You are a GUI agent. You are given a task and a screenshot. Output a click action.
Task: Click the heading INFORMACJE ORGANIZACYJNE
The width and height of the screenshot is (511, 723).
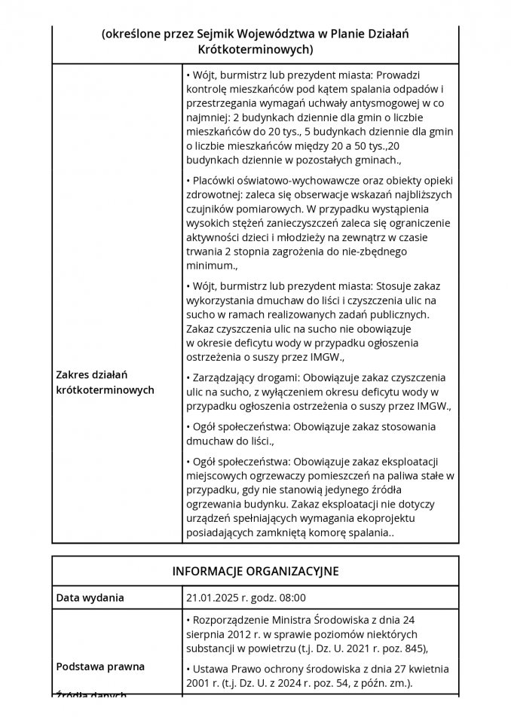click(x=255, y=571)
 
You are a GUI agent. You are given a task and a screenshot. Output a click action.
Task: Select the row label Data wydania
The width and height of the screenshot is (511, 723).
click(x=90, y=598)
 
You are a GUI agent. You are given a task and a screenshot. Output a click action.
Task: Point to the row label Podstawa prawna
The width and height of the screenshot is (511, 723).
click(x=100, y=667)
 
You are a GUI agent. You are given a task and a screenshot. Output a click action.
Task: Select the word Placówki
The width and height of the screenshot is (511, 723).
click(x=213, y=181)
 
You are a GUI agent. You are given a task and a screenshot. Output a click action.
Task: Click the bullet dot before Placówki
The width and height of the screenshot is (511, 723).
click(x=188, y=181)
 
